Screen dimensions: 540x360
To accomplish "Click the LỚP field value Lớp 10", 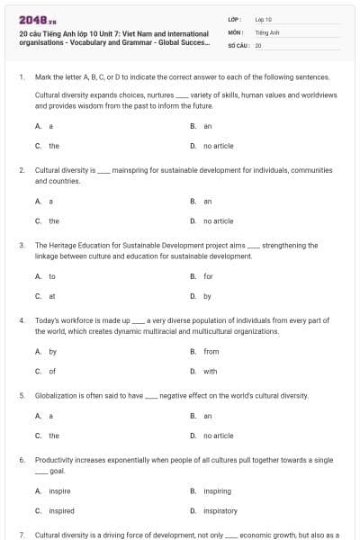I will [x=264, y=18].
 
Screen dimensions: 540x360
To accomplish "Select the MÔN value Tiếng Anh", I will [x=265, y=31].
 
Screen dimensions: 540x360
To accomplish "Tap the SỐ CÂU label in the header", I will [x=238, y=44].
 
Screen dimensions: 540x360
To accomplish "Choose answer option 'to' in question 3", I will [x=51, y=276].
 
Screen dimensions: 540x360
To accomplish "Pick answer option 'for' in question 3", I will [x=208, y=276].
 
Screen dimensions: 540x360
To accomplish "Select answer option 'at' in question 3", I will [x=51, y=295].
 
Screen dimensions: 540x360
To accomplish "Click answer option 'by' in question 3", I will [x=207, y=295].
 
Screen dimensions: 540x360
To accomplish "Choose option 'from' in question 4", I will [x=211, y=352].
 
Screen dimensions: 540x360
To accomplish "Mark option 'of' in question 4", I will [x=51, y=371].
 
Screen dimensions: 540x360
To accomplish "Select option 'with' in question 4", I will [x=210, y=371].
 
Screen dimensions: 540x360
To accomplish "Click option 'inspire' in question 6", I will [x=59, y=491].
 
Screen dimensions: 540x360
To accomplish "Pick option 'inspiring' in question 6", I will [x=217, y=491].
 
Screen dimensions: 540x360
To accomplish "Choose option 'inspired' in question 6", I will [x=60, y=510].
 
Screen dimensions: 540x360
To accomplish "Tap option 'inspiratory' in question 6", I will [x=220, y=510].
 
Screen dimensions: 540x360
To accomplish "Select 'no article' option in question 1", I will [x=218, y=145].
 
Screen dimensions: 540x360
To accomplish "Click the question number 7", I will [x=21, y=535].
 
